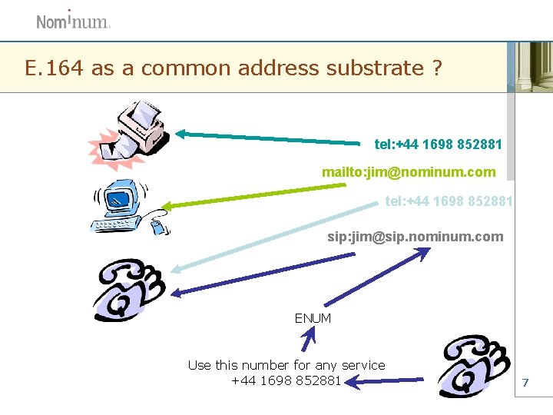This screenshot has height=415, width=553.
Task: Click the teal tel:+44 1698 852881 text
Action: (438, 144)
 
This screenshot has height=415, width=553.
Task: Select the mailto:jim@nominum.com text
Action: (409, 172)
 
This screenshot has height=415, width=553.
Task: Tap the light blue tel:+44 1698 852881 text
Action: (449, 201)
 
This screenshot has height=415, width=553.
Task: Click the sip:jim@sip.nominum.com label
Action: (416, 237)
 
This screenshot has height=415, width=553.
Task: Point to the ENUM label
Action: (313, 318)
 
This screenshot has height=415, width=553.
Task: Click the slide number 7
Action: (525, 382)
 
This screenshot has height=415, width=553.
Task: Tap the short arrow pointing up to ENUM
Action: (309, 340)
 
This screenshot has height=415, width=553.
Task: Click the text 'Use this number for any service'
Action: (286, 365)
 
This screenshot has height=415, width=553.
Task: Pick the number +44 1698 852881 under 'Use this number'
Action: (286, 380)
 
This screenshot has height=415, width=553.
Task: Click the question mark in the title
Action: (436, 68)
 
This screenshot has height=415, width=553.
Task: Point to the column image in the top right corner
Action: (530, 67)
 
